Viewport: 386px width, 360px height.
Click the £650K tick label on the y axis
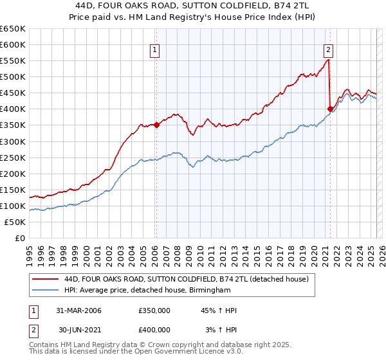click(x=13, y=29)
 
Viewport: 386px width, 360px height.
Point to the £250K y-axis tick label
click(x=13, y=157)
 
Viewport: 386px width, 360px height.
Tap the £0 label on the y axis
click(x=20, y=238)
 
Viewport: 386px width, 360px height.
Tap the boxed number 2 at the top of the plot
click(x=329, y=50)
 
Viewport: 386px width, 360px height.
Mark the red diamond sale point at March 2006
click(x=156, y=125)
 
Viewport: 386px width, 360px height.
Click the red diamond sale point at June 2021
click(x=330, y=109)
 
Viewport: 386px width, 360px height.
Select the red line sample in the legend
click(x=46, y=279)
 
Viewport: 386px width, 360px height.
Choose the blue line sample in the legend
click(x=46, y=291)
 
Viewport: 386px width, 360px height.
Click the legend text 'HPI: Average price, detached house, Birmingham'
click(x=147, y=291)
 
